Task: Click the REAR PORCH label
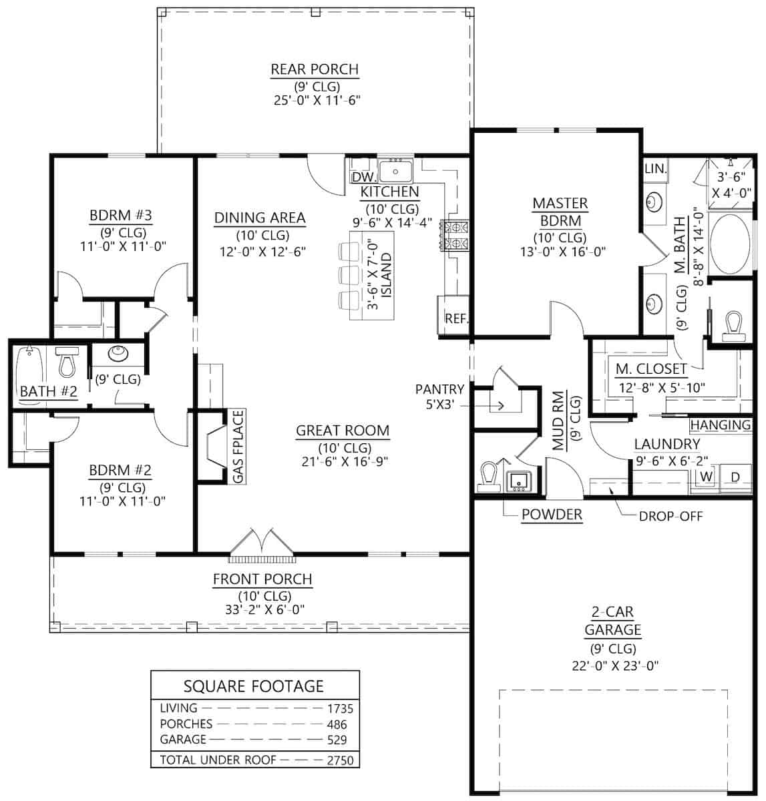tap(315, 69)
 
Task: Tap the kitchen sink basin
tap(396, 171)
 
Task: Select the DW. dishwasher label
tap(364, 178)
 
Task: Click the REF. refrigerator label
tap(456, 318)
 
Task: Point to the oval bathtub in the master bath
tap(731, 243)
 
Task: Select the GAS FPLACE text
tap(238, 447)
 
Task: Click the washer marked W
tap(707, 477)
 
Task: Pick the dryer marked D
tap(735, 477)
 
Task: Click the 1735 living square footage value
tap(340, 709)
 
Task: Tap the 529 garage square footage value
tap(337, 740)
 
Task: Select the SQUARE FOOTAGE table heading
tap(254, 686)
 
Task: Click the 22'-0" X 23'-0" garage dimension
tap(615, 666)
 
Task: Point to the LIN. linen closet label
tap(655, 168)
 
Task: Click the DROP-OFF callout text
tap(671, 516)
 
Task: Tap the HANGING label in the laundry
tap(721, 425)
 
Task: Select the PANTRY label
tap(439, 389)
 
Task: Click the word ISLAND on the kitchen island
tap(386, 274)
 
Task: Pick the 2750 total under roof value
tap(340, 760)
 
